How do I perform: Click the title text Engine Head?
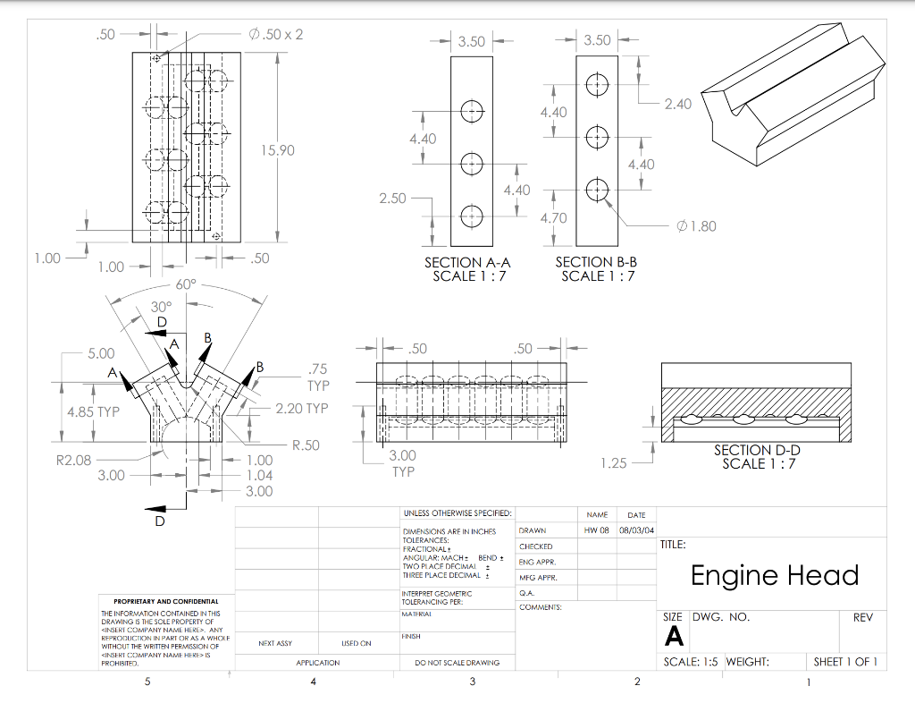click(774, 575)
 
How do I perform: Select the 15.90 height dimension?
click(277, 149)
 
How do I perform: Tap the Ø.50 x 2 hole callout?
click(277, 34)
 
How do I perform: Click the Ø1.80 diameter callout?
click(697, 226)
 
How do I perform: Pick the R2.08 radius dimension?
click(73, 461)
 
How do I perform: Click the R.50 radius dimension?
click(306, 445)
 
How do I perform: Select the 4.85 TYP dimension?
click(93, 412)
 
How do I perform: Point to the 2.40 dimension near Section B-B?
click(677, 104)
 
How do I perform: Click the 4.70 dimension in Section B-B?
click(553, 218)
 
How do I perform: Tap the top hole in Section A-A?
click(472, 112)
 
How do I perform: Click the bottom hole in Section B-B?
click(597, 190)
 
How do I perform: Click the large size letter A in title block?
click(675, 636)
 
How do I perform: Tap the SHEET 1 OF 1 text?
click(844, 662)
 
